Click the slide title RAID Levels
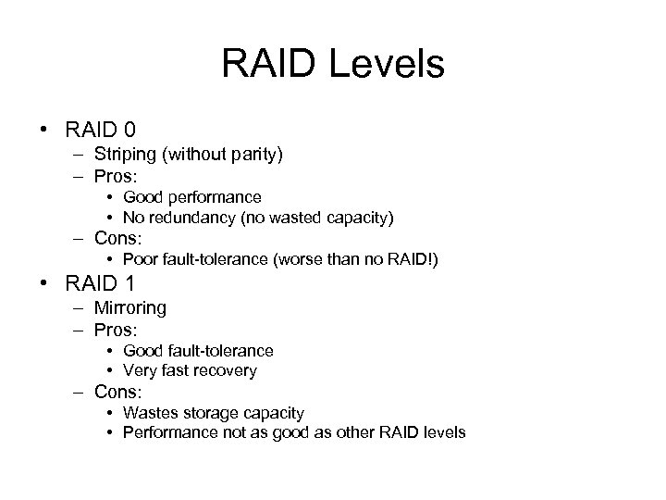tap(333, 65)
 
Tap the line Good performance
tap(192, 197)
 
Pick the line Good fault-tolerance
tap(198, 351)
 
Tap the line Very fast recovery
tap(190, 370)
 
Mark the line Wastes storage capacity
tap(213, 413)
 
